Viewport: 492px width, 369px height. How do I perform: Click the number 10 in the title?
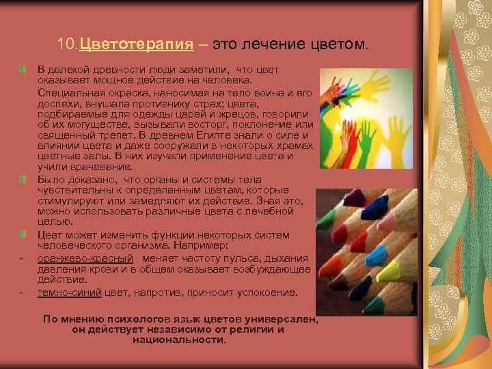tap(66, 46)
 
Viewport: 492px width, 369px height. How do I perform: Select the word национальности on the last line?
tap(178, 340)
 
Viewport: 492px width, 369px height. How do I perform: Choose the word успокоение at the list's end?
tap(270, 292)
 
